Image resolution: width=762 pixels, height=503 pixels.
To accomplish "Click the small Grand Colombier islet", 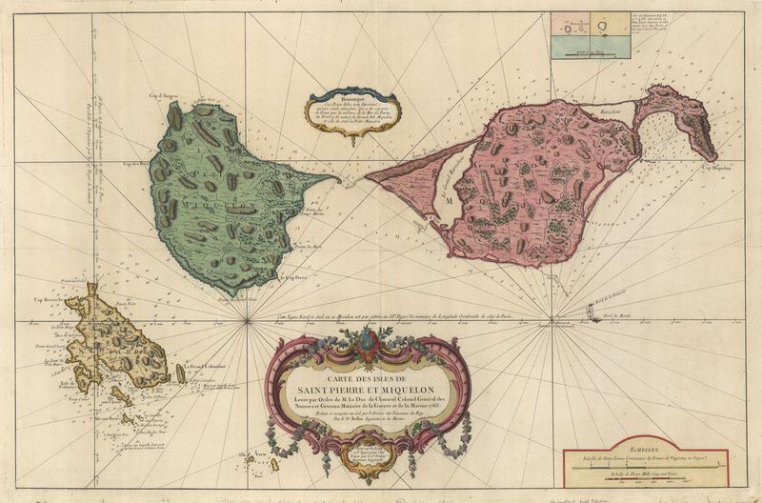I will click(x=180, y=373).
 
